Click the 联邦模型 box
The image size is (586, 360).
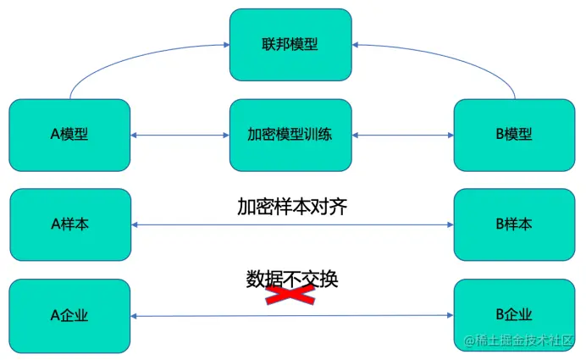290,44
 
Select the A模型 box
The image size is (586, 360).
69,135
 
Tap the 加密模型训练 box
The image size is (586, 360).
290,135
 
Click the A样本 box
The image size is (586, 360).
69,224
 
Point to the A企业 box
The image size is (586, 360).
69,315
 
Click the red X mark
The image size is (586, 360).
290,293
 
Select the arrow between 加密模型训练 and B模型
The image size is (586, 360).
403,135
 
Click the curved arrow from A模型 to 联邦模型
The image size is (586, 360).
127,58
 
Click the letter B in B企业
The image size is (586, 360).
500,315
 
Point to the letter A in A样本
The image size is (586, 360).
55,224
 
